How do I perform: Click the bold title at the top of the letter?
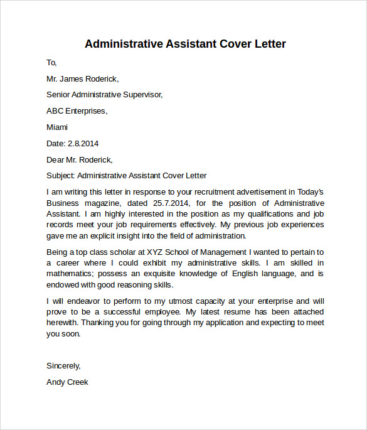(185, 44)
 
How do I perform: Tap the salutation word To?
(51, 62)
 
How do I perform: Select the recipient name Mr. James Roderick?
(82, 79)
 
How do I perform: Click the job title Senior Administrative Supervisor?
(105, 95)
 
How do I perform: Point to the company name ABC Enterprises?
(77, 111)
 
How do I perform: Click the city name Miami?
(57, 127)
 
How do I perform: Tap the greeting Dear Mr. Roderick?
(80, 159)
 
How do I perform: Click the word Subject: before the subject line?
(60, 176)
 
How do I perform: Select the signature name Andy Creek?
(68, 382)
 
